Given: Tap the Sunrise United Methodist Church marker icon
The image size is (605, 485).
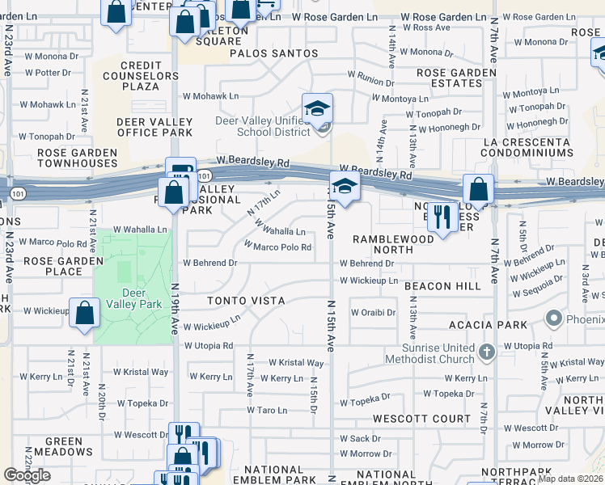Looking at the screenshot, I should pyautogui.click(x=486, y=352).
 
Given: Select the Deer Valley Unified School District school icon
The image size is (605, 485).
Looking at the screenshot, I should pyautogui.click(x=318, y=108).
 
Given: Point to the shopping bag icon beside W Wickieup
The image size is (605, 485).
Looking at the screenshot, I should pyautogui.click(x=85, y=314).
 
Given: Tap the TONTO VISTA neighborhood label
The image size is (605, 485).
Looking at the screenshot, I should pyautogui.click(x=246, y=301).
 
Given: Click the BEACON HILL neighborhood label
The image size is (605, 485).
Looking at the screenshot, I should pyautogui.click(x=442, y=286).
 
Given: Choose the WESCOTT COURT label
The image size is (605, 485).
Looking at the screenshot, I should pyautogui.click(x=421, y=419).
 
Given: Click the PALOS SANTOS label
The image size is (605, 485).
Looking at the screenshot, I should pyautogui.click(x=274, y=53).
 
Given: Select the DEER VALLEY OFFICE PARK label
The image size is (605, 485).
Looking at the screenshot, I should pyautogui.click(x=154, y=127).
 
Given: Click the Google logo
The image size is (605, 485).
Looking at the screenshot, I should pyautogui.click(x=27, y=475).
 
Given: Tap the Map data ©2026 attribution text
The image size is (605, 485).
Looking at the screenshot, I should pyautogui.click(x=571, y=479).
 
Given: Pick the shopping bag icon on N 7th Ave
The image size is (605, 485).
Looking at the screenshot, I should pyautogui.click(x=478, y=191).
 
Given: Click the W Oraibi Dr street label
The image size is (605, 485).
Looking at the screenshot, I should pyautogui.click(x=373, y=313).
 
